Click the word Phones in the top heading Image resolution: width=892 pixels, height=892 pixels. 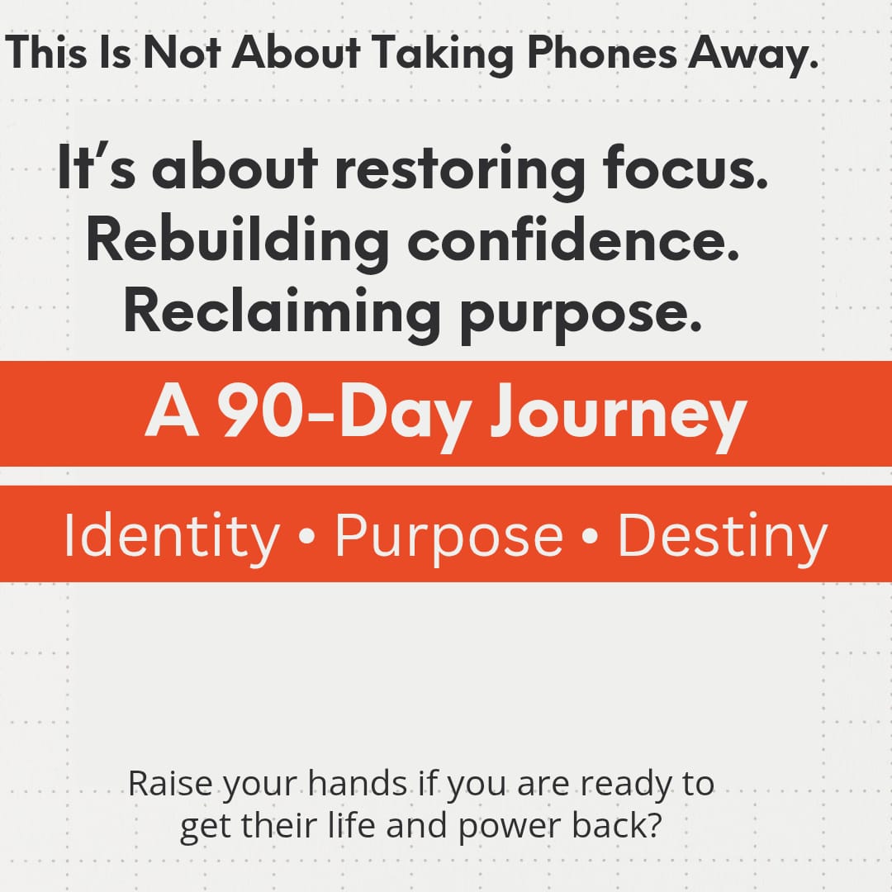[602, 52]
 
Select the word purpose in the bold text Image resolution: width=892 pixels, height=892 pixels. [581, 318]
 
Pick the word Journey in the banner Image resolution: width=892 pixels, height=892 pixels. [619, 416]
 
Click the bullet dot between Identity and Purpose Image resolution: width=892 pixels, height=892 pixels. [306, 537]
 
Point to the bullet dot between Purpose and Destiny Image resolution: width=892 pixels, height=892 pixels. [591, 537]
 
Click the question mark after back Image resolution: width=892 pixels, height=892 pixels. [653, 825]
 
